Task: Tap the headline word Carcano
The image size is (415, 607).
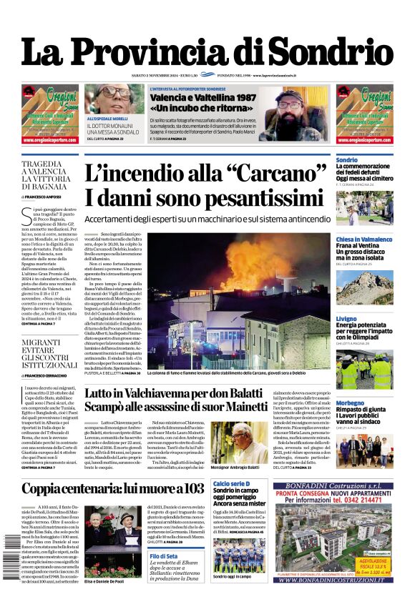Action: (276, 175)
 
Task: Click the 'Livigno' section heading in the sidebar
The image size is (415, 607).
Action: (346, 318)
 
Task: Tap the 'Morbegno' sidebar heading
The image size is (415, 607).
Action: (351, 403)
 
